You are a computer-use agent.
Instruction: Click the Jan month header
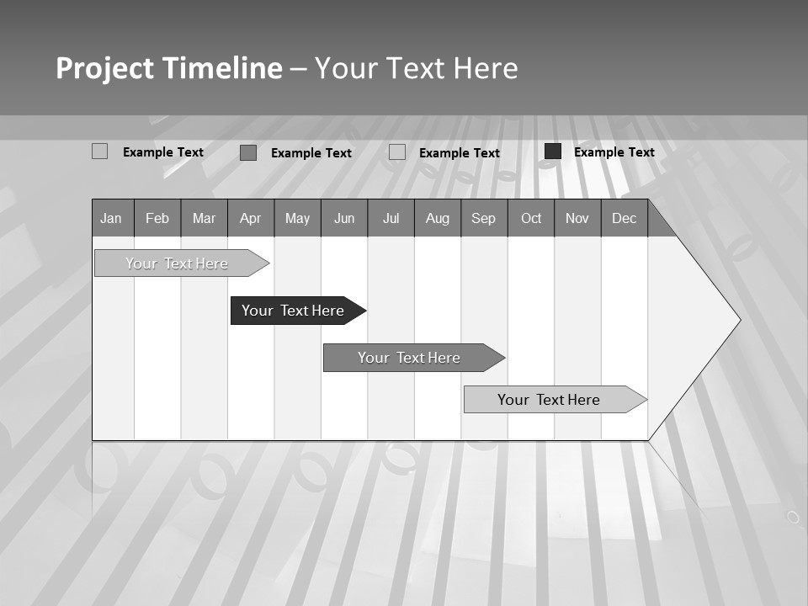click(x=111, y=218)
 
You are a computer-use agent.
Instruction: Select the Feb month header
click(x=157, y=218)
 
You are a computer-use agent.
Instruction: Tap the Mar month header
click(x=204, y=218)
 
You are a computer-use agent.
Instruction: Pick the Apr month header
click(x=250, y=218)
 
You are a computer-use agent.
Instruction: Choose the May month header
click(x=297, y=218)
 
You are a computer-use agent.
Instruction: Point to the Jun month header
click(x=344, y=218)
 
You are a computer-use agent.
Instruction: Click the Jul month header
click(x=391, y=218)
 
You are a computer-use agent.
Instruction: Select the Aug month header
click(x=437, y=218)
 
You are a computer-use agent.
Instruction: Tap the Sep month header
click(x=483, y=218)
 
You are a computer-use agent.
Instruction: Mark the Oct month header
click(x=531, y=218)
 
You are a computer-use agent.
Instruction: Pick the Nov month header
click(x=577, y=218)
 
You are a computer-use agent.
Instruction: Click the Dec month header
click(x=624, y=218)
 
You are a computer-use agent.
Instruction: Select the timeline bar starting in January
click(x=177, y=263)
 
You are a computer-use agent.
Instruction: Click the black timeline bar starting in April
click(x=293, y=311)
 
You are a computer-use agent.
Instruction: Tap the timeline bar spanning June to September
click(x=409, y=358)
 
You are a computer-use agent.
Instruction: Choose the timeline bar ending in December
click(x=549, y=400)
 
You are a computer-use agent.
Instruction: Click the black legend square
click(x=553, y=151)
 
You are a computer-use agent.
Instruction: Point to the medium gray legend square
click(x=248, y=152)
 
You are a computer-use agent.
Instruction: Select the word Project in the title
click(x=104, y=68)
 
